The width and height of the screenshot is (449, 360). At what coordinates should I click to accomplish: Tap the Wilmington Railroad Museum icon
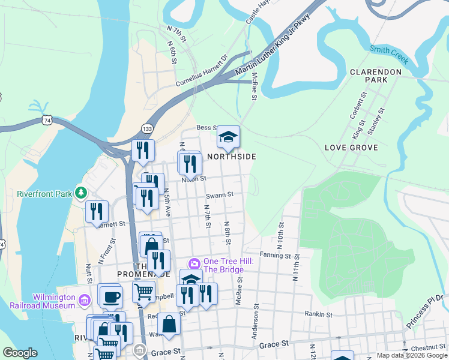(x=84, y=299)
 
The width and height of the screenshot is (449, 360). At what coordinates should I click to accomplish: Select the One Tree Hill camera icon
(x=194, y=263)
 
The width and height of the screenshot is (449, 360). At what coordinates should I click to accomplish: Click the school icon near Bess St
(x=228, y=137)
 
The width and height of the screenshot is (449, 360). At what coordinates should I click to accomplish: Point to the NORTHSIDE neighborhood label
(x=231, y=157)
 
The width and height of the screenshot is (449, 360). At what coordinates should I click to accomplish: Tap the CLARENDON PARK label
(x=376, y=76)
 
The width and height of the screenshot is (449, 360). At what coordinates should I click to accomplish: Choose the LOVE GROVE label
(x=351, y=148)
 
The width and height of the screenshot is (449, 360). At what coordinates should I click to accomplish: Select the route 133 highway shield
(x=146, y=128)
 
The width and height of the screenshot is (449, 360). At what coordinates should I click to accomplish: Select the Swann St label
(x=219, y=194)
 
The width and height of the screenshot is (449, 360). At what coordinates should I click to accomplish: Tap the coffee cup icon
(x=110, y=296)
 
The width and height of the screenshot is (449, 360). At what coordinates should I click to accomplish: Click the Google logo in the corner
(x=20, y=353)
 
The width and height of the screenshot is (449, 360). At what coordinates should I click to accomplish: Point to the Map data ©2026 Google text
(x=411, y=355)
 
